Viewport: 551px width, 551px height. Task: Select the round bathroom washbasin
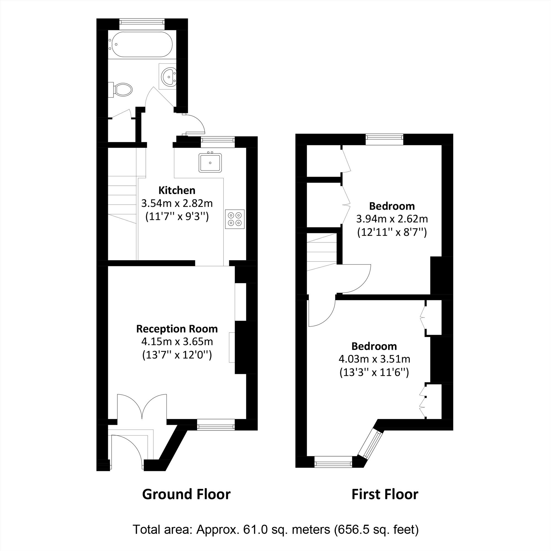click(169, 76)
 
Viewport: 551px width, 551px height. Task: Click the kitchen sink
click(210, 163)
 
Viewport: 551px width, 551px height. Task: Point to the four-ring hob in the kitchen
click(235, 219)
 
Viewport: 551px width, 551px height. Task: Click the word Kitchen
click(177, 190)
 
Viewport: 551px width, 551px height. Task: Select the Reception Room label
click(177, 329)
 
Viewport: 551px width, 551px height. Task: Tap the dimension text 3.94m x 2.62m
click(392, 219)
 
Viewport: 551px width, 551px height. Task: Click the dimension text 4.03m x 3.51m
click(374, 359)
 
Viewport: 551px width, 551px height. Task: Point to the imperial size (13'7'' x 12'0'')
click(177, 355)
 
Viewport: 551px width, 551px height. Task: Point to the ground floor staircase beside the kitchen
click(122, 200)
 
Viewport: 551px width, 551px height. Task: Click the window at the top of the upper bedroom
click(384, 139)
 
